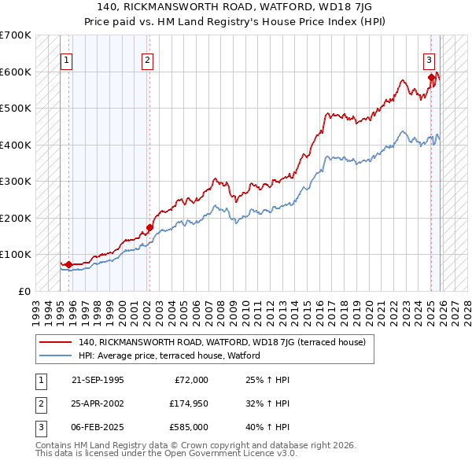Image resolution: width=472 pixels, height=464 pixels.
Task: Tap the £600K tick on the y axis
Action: [16, 72]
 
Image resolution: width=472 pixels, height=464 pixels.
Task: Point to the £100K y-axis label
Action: [16, 255]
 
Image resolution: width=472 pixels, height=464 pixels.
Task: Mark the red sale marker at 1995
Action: [68, 265]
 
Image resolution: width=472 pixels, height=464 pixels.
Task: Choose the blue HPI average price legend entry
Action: [168, 355]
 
